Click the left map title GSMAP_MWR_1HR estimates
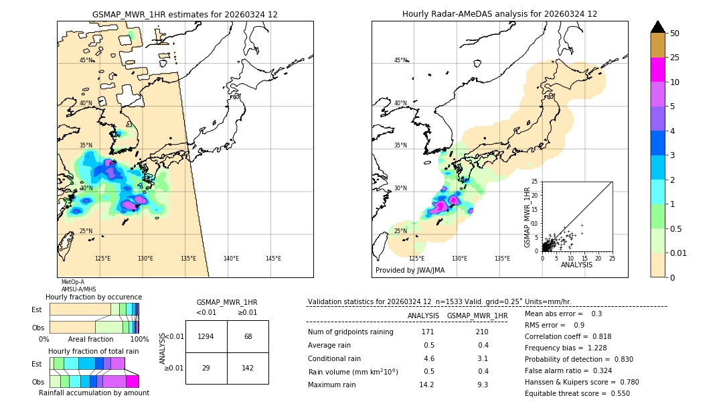pos(185,14)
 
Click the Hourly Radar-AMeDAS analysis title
pos(499,14)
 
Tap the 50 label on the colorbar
pos(675,33)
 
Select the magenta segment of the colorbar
pos(658,70)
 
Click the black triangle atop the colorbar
pos(658,27)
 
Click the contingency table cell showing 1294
pos(206,336)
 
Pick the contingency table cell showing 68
pos(248,336)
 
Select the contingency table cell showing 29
pos(206,368)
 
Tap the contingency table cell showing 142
pos(248,368)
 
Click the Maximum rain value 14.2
pos(426,385)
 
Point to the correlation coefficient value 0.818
pos(598,336)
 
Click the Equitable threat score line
pos(577,393)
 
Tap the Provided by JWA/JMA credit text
pos(410,271)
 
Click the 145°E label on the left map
pos(273,259)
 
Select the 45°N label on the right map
pos(400,60)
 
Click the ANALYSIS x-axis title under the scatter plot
pos(576,265)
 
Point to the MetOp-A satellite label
pos(72,282)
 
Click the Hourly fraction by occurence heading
pos(94,297)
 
